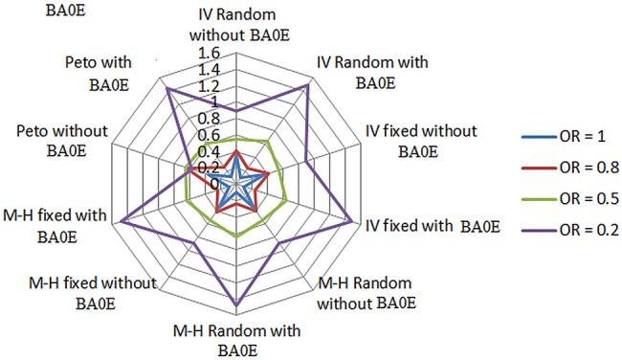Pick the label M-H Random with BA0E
(236, 341)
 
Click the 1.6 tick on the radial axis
(209, 53)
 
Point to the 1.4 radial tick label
(209, 70)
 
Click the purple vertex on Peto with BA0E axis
(167, 87)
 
